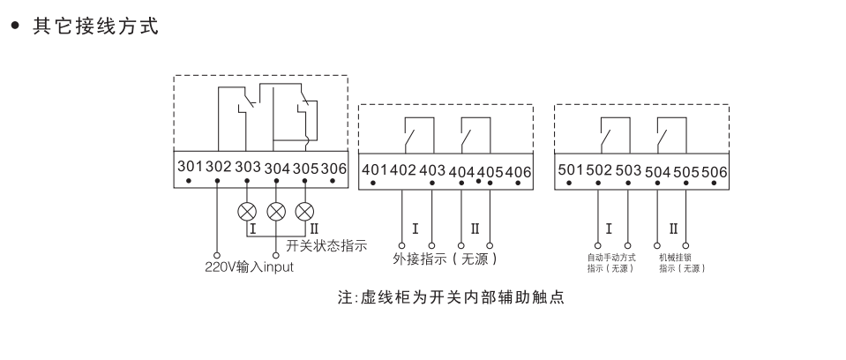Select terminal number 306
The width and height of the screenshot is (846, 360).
[x=334, y=168]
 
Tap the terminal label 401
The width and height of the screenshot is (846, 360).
[x=374, y=169]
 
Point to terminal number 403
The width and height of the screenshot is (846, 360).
[x=433, y=170]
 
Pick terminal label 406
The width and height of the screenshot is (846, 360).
[x=519, y=172]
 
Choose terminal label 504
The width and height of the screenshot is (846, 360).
[x=658, y=172]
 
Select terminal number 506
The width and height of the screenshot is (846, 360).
[x=715, y=172]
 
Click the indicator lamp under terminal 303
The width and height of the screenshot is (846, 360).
[x=247, y=212]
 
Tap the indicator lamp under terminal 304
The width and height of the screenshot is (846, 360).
[x=276, y=212]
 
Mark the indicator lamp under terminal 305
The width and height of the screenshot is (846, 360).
[x=305, y=212]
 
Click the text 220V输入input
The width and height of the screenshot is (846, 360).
[x=250, y=266]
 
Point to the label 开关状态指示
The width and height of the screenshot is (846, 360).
[x=326, y=245]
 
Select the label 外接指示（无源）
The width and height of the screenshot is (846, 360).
[x=445, y=259]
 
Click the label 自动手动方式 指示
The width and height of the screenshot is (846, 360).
[x=612, y=263]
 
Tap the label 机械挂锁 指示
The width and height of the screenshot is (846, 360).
[x=683, y=263]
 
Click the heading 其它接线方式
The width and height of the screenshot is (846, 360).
[x=96, y=26]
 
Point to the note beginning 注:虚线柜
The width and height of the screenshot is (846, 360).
[x=451, y=297]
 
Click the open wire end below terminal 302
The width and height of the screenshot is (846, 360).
[x=217, y=255]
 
